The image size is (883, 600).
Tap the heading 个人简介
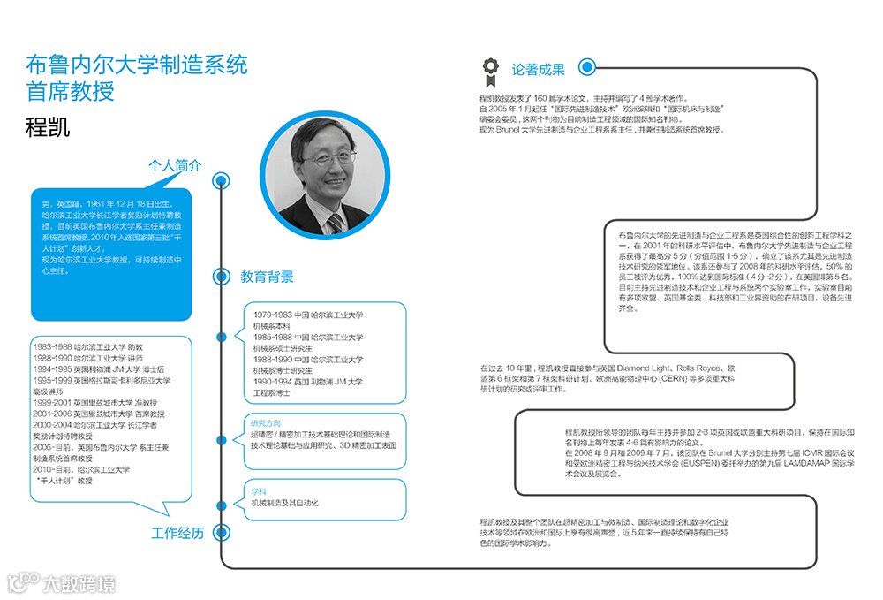click(175, 165)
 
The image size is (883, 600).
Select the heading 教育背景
click(267, 277)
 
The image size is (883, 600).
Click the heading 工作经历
click(177, 533)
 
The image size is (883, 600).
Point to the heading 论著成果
click(539, 69)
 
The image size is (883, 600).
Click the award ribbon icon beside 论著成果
click(489, 68)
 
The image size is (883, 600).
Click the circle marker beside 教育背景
click(221, 277)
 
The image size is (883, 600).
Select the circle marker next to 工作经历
click(221, 533)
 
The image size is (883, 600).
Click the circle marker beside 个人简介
click(221, 181)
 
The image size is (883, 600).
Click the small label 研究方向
click(266, 423)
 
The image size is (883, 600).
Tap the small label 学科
click(258, 490)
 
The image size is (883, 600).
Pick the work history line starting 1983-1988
click(87, 347)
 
